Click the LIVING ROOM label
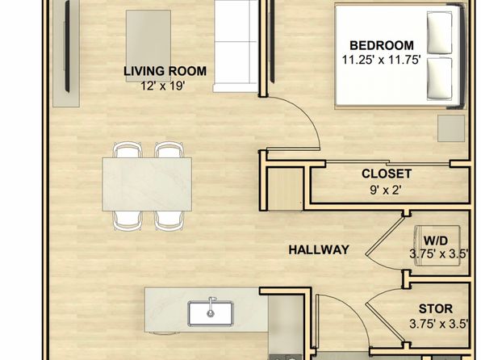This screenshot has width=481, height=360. [165, 71]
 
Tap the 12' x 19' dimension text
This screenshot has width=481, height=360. [162, 86]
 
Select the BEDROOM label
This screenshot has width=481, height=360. [382, 45]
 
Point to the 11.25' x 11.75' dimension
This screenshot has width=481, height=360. [381, 60]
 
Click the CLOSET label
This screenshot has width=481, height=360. [387, 174]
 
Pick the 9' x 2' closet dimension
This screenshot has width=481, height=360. [386, 190]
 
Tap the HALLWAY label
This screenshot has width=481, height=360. [319, 250]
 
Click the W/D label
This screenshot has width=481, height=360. [435, 241]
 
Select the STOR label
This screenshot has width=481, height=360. [436, 309]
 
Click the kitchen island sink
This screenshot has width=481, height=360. [211, 313]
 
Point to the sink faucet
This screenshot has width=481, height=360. [211, 306]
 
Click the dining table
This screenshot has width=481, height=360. [147, 184]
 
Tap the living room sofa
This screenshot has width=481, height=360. [236, 46]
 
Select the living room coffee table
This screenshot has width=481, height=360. [148, 46]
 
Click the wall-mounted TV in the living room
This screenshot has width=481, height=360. [67, 46]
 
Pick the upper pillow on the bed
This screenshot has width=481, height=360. [440, 33]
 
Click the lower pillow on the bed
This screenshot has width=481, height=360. [440, 79]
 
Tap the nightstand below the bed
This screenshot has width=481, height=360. [451, 128]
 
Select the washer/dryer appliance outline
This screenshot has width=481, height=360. [437, 245]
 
